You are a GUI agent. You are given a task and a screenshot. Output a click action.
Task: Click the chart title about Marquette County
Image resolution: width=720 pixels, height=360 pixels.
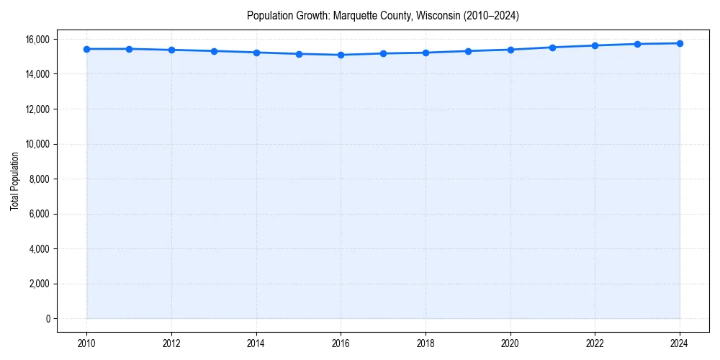382,15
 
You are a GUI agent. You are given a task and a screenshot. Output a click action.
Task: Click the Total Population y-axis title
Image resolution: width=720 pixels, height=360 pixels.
14,181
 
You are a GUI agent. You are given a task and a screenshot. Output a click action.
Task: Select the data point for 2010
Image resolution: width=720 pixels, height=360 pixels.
86,49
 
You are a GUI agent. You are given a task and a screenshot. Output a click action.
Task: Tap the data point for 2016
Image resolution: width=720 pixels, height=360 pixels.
341,55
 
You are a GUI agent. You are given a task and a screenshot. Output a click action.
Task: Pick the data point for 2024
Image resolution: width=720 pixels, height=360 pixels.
680,43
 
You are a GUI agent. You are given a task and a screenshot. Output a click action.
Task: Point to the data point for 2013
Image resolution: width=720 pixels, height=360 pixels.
214,51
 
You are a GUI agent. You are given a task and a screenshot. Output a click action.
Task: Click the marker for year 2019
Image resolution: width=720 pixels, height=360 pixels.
468,51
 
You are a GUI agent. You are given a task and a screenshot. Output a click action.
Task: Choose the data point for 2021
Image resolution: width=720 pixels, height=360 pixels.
552,48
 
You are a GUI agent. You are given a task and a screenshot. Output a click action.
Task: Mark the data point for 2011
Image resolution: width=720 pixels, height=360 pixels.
129,49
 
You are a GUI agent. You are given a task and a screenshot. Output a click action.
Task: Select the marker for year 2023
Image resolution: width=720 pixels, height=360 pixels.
637,44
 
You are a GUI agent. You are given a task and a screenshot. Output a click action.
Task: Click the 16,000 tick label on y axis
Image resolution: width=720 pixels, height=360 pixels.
37,39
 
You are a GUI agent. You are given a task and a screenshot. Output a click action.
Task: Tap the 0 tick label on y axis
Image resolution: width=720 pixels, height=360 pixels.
47,318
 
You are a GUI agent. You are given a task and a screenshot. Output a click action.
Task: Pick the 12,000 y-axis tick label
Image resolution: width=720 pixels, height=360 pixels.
37,109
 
